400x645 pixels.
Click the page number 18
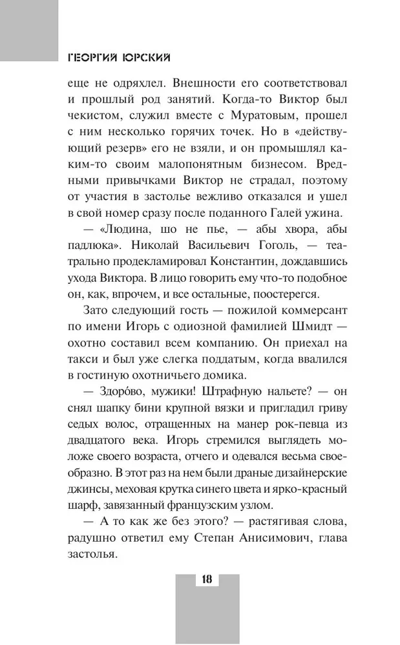[x=207, y=578]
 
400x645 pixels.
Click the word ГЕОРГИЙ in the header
[x=96, y=57]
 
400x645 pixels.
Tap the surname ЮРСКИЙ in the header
[x=148, y=57]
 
